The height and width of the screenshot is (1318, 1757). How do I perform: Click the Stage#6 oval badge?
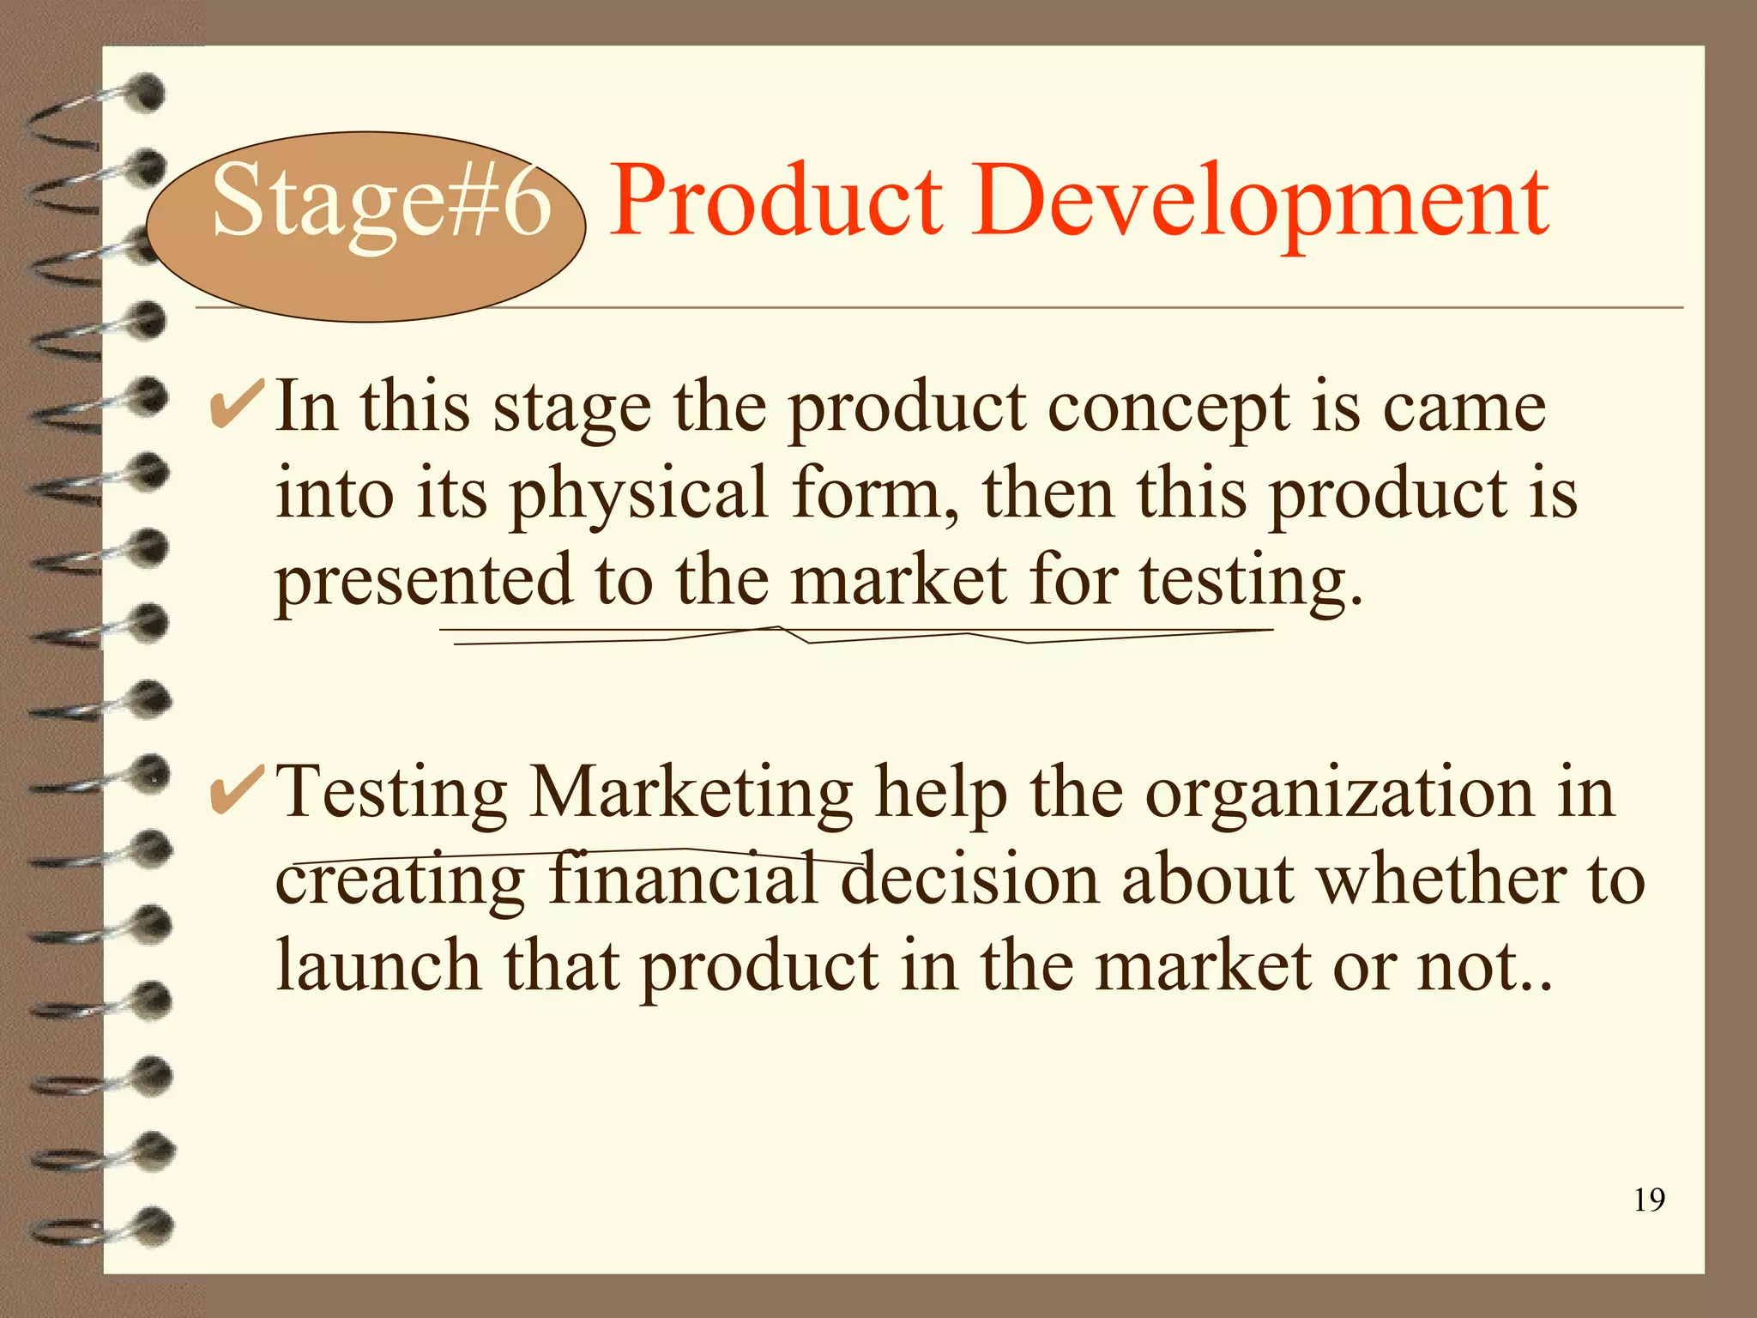[x=366, y=226]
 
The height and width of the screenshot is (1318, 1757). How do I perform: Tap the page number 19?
[x=1649, y=1200]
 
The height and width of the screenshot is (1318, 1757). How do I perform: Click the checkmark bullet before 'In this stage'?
[x=235, y=405]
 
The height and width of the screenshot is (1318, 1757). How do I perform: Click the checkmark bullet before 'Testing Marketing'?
[x=235, y=791]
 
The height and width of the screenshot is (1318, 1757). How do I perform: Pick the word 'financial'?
[x=682, y=879]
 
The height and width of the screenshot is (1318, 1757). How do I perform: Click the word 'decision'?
[x=969, y=879]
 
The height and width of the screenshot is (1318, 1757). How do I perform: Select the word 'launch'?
[x=377, y=965]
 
